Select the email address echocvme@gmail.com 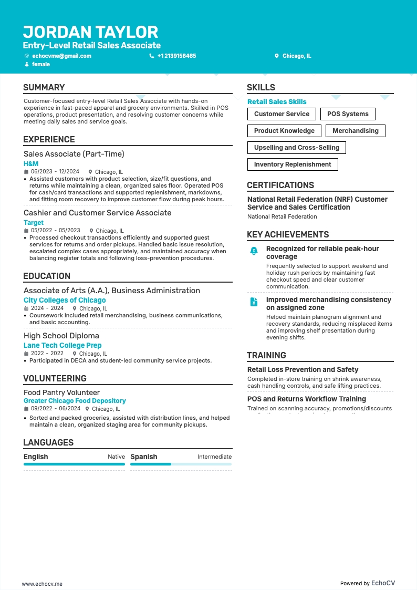tap(61, 56)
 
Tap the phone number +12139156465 tap(176, 56)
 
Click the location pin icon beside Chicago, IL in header tap(277, 56)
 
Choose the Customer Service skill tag tap(282, 114)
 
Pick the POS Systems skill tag tap(348, 114)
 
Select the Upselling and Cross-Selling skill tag tap(296, 148)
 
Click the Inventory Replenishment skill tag tap(293, 164)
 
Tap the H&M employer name tap(31, 164)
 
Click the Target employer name tap(34, 223)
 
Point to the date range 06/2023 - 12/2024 tap(55, 172)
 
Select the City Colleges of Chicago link tap(65, 301)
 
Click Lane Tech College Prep tap(62, 346)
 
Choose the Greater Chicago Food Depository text tap(75, 401)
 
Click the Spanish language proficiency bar tap(181, 464)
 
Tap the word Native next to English tap(116, 457)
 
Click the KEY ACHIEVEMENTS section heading tap(288, 235)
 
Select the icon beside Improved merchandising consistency tap(254, 302)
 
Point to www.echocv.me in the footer tap(42, 584)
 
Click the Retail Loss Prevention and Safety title tap(303, 370)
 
